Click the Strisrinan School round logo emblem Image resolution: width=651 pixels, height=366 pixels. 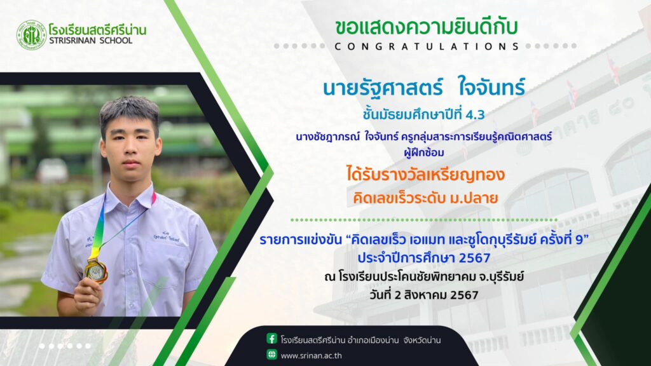[x=31, y=35]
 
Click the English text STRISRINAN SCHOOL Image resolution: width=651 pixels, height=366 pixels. [x=90, y=41]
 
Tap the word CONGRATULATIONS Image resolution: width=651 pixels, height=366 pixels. [x=427, y=46]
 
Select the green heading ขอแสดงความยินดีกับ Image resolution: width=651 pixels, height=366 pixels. [x=427, y=27]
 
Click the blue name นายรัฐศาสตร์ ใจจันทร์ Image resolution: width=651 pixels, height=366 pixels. [x=424, y=88]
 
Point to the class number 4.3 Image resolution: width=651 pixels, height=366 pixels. [x=475, y=114]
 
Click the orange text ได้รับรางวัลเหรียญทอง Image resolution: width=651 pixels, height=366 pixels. [x=425, y=174]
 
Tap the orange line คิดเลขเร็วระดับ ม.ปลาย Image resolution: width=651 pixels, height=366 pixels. [x=425, y=198]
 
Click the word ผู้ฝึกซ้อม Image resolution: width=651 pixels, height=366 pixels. [x=424, y=152]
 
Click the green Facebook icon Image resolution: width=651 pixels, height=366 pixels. [x=271, y=339]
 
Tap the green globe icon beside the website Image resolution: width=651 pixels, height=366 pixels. [x=271, y=355]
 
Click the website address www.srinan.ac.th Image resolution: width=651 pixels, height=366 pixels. [x=311, y=356]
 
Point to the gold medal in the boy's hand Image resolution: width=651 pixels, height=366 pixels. [x=97, y=270]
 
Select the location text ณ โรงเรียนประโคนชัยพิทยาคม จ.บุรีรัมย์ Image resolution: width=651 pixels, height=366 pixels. [x=424, y=276]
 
